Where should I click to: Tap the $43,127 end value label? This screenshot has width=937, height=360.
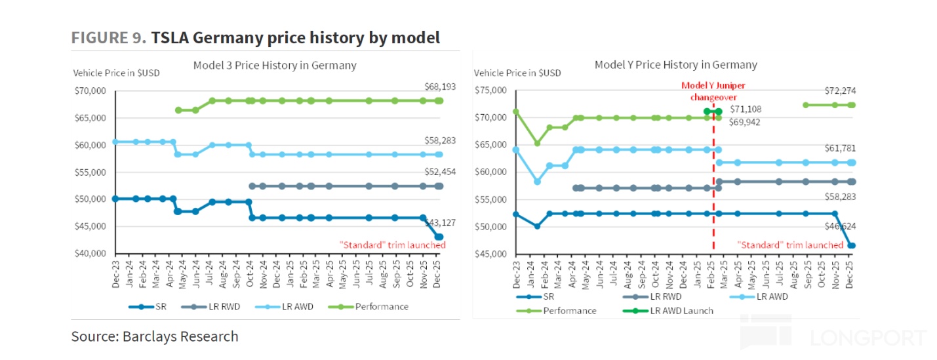pos(432,222)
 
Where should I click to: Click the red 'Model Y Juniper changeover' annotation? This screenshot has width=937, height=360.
pos(713,91)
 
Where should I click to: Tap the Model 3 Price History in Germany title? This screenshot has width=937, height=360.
pos(275,65)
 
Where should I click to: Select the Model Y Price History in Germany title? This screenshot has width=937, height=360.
pos(675,64)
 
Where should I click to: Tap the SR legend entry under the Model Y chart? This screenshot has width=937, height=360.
pos(542,296)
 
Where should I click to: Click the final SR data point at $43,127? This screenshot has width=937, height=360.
pos(439,237)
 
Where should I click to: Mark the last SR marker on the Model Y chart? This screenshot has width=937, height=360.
pos(852,246)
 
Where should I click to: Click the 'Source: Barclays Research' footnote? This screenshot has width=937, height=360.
pos(155,336)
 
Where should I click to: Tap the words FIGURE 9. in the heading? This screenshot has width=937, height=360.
pos(109,38)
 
